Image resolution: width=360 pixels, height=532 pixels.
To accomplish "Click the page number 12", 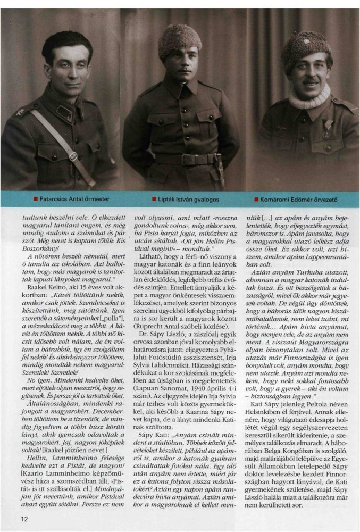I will click(x=24, y=519).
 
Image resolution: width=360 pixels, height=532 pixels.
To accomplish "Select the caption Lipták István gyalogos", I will click(x=188, y=199).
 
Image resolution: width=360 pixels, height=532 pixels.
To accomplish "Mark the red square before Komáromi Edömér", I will click(x=256, y=199).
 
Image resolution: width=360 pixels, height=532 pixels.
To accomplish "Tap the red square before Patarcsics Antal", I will click(x=35, y=199).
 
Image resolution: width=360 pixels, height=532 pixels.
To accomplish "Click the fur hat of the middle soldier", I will click(x=179, y=40).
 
